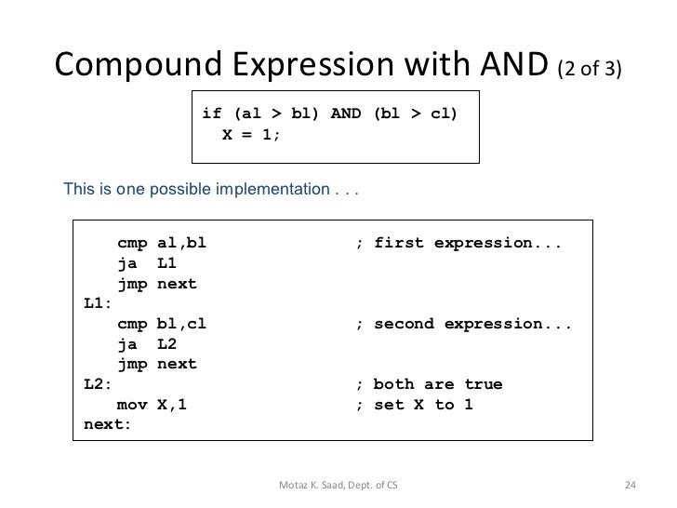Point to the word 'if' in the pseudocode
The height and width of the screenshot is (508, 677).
click(x=212, y=114)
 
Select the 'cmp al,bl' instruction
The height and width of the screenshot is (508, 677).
click(x=162, y=244)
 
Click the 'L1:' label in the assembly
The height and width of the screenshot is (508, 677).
click(x=97, y=303)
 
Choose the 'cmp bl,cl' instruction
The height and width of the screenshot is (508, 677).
click(x=162, y=324)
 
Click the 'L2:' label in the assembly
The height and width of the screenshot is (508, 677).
click(x=97, y=383)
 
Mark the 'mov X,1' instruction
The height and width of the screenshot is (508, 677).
click(x=156, y=404)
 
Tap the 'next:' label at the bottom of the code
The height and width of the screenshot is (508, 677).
click(x=108, y=424)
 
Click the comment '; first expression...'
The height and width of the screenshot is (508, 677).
click(x=458, y=244)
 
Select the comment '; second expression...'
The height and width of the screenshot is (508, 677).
click(x=464, y=324)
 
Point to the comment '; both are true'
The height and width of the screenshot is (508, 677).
click(x=430, y=383)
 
